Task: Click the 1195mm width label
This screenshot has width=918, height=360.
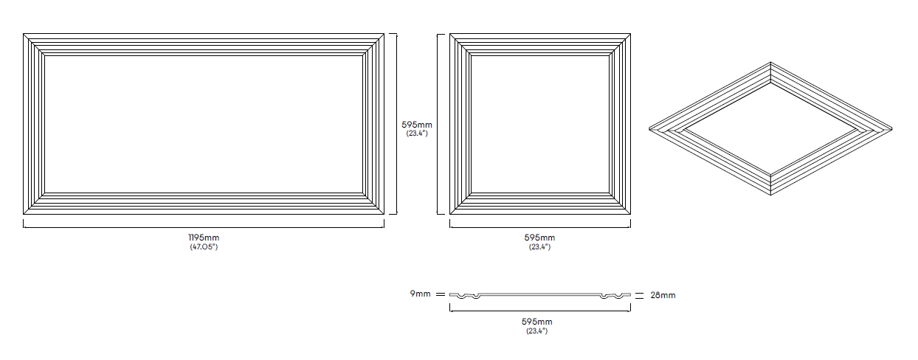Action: [204, 238]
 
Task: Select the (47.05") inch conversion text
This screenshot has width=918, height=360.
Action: [204, 247]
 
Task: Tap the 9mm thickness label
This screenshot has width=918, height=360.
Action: [421, 294]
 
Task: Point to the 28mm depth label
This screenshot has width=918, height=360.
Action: [663, 295]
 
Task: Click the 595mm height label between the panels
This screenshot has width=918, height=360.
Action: [417, 125]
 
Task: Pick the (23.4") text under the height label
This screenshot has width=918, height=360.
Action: [417, 134]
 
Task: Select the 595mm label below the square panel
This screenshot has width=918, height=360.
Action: [539, 238]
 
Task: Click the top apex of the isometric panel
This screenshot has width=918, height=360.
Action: [770, 64]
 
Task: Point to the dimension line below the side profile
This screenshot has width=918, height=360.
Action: [540, 310]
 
